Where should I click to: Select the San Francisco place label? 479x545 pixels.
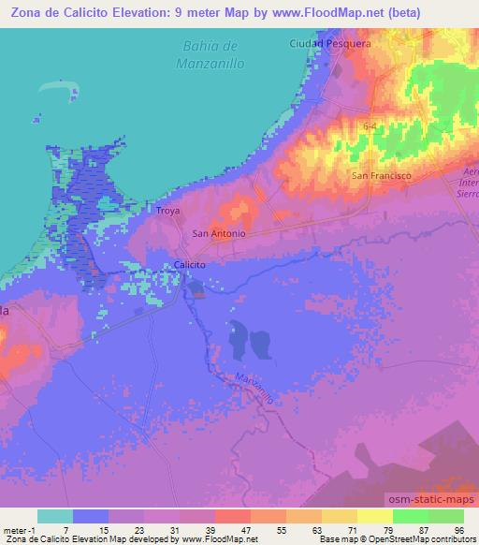[382, 175]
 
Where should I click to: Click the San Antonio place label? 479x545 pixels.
[218, 234]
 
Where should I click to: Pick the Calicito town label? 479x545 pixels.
[190, 265]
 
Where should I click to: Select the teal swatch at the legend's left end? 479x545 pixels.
[53, 516]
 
